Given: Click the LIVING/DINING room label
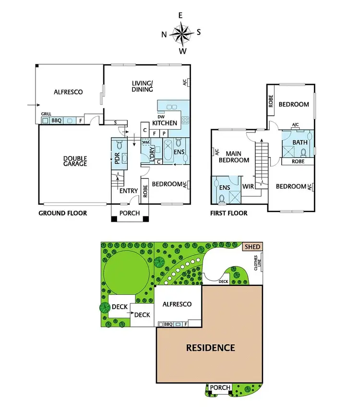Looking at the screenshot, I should (x=143, y=86).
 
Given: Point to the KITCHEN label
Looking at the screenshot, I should (x=165, y=123).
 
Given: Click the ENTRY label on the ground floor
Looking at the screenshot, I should (x=129, y=191).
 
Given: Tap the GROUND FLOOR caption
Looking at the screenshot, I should (x=62, y=213).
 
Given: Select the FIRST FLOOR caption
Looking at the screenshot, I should (x=229, y=213).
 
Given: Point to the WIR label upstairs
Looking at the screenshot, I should (x=248, y=186).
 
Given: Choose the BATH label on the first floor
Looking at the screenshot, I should (x=300, y=143).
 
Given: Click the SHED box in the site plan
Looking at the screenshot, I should (x=252, y=247).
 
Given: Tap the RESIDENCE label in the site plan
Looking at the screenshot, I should (x=210, y=347).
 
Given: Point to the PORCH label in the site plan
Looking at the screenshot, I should (x=221, y=387).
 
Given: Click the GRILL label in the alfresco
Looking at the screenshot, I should (x=46, y=114).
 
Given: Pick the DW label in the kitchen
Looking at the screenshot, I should (x=161, y=117).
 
